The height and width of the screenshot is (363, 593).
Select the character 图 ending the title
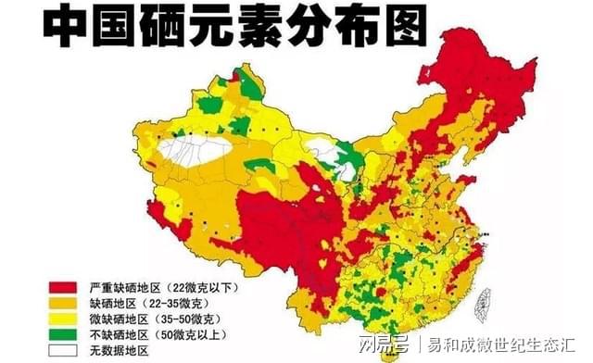pos(399,25)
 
